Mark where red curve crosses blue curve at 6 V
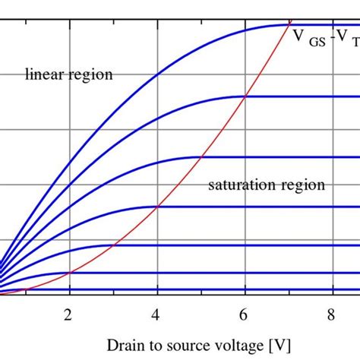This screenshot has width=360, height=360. tap(245, 96)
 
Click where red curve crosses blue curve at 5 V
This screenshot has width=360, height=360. tap(201, 157)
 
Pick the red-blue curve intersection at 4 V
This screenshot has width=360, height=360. tap(157, 207)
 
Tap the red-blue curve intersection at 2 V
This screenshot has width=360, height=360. tap(70, 272)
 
